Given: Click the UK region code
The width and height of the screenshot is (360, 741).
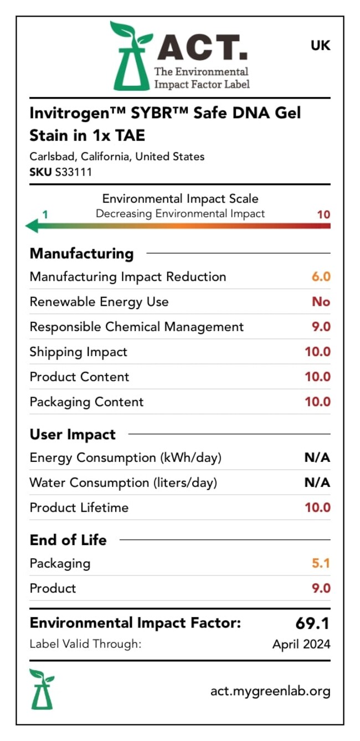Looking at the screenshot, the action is pos(320,45).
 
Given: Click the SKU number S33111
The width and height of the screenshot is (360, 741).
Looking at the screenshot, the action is pos(74,172).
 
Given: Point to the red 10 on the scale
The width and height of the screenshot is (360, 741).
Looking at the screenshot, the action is pos(323,214).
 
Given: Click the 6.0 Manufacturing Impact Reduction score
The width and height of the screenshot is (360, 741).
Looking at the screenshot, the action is pos(321,276).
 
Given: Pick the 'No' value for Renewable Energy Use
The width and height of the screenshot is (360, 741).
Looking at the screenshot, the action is pos(321,301).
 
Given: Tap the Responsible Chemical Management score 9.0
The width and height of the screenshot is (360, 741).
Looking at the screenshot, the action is pos(321,327).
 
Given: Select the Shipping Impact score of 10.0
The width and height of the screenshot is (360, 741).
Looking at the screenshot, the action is pos(318,352).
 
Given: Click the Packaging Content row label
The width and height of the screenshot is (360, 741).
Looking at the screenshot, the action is pos(87,402).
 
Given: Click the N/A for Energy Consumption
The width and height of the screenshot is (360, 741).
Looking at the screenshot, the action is pos(317,457).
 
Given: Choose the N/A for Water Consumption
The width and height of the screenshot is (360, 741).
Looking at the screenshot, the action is pos(317,482).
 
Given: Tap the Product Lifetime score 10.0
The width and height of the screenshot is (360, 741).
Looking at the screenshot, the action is pos(318,507).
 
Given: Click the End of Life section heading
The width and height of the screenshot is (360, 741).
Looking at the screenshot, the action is pos(68,540).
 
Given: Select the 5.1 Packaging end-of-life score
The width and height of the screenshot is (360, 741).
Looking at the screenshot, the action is pos(321,563).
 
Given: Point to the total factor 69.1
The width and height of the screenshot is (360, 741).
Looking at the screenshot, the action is pos(312,623).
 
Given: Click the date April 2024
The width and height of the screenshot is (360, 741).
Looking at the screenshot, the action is pos(301,644).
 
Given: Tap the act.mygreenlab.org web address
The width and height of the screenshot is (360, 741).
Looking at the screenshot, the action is pos(270,691).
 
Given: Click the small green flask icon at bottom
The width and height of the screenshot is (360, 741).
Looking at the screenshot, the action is pos(42,689).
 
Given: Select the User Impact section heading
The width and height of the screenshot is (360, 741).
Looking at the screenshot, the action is pos(73,434).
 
